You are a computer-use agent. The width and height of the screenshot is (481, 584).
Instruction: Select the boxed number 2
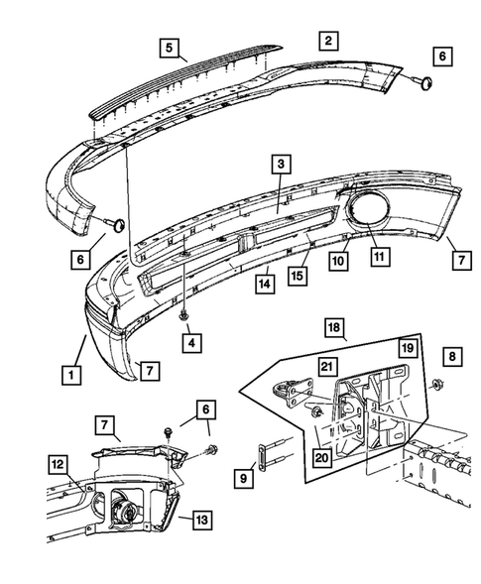[326, 41]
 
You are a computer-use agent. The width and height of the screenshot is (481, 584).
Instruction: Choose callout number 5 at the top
[170, 47]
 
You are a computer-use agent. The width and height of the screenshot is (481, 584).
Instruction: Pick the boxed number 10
[337, 261]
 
